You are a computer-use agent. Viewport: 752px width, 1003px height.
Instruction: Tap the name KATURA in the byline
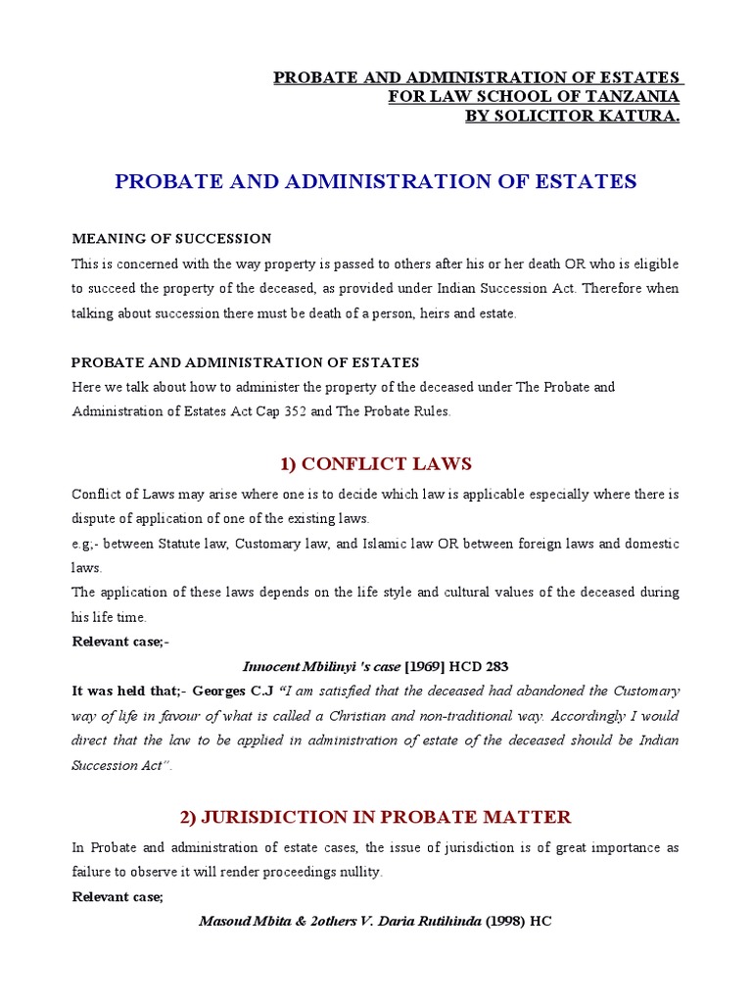(637, 117)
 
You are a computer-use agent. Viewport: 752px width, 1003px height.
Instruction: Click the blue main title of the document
(376, 181)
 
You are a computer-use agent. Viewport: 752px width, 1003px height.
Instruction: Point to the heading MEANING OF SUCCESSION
(171, 239)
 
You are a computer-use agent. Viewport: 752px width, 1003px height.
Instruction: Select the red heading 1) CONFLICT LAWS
(376, 463)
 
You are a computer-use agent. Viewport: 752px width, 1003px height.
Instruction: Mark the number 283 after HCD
(496, 666)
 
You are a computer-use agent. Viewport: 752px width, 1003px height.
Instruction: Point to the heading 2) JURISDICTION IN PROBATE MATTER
(376, 817)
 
